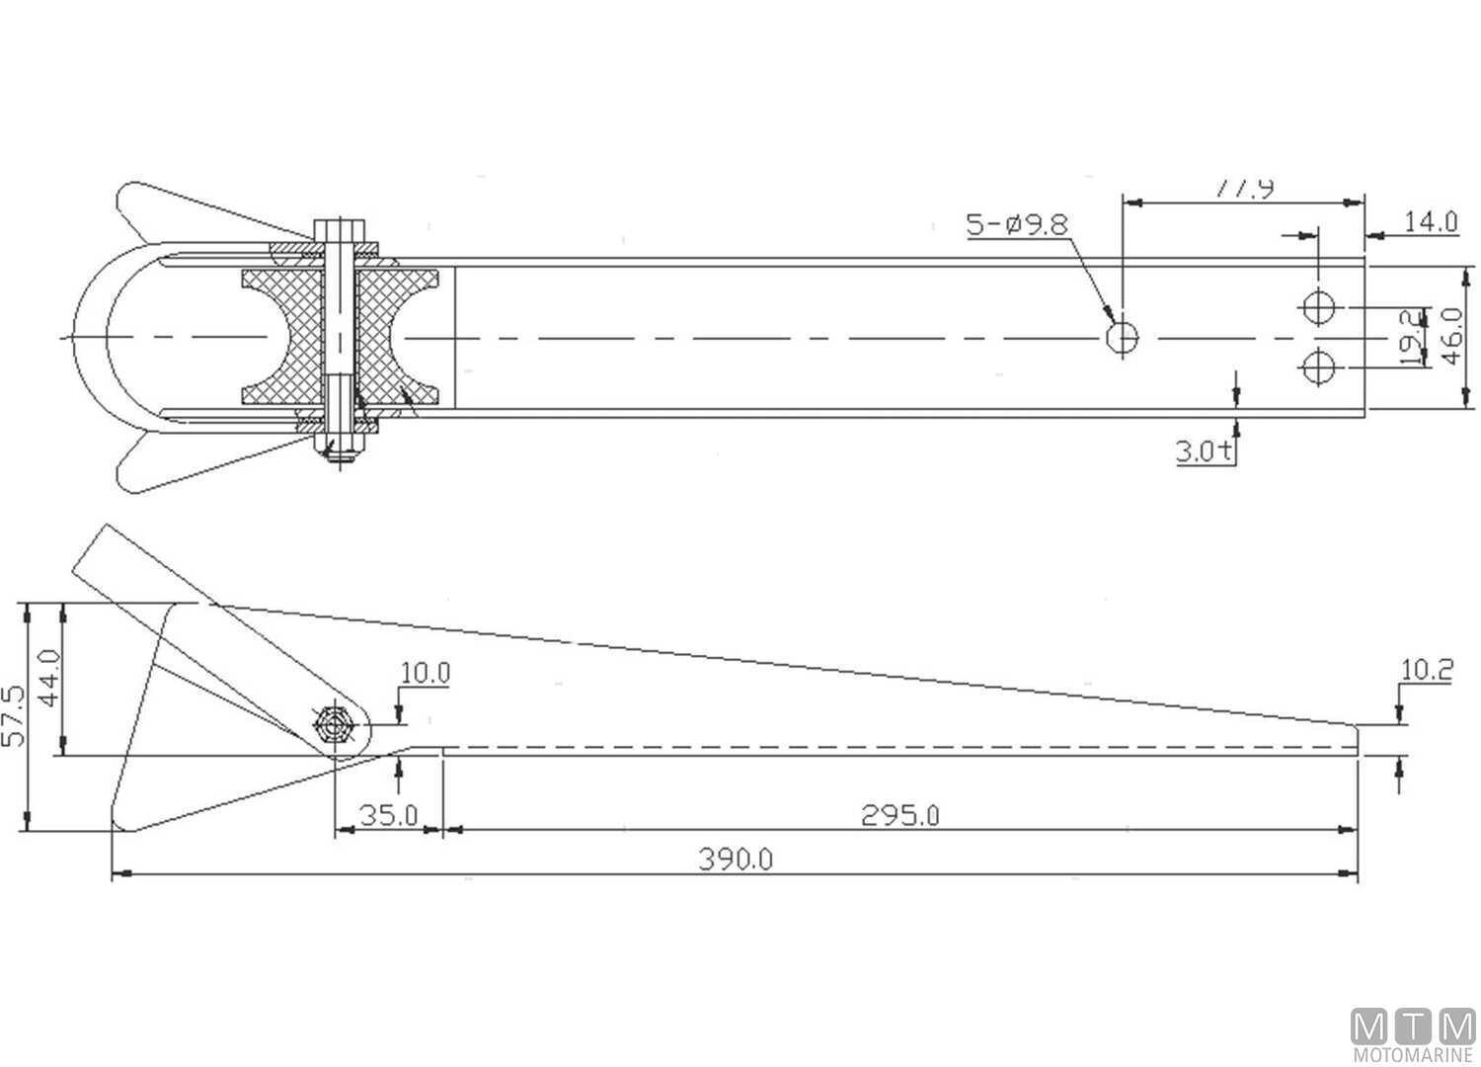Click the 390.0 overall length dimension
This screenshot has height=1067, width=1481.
pyautogui.click(x=736, y=860)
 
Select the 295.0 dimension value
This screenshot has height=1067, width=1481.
pyautogui.click(x=899, y=816)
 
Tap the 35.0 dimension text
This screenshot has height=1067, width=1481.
pyautogui.click(x=388, y=816)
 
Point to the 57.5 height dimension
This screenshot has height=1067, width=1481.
pyautogui.click(x=15, y=716)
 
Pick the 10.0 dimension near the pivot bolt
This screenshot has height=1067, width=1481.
pyautogui.click(x=425, y=674)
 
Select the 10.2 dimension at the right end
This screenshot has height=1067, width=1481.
pyautogui.click(x=1427, y=671)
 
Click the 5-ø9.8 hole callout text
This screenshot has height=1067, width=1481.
pyautogui.click(x=1017, y=224)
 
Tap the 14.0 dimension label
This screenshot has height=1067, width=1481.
pyautogui.click(x=1431, y=221)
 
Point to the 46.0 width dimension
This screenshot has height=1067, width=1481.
pyautogui.click(x=1452, y=336)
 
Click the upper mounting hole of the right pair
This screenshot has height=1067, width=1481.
pyautogui.click(x=1319, y=307)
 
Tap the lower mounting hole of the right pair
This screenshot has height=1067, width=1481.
pyautogui.click(x=1319, y=369)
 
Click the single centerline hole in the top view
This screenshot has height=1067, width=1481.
pyautogui.click(x=1122, y=338)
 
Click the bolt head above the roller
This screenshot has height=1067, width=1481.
pyautogui.click(x=340, y=230)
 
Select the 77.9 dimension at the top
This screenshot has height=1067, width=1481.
pyautogui.click(x=1243, y=188)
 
